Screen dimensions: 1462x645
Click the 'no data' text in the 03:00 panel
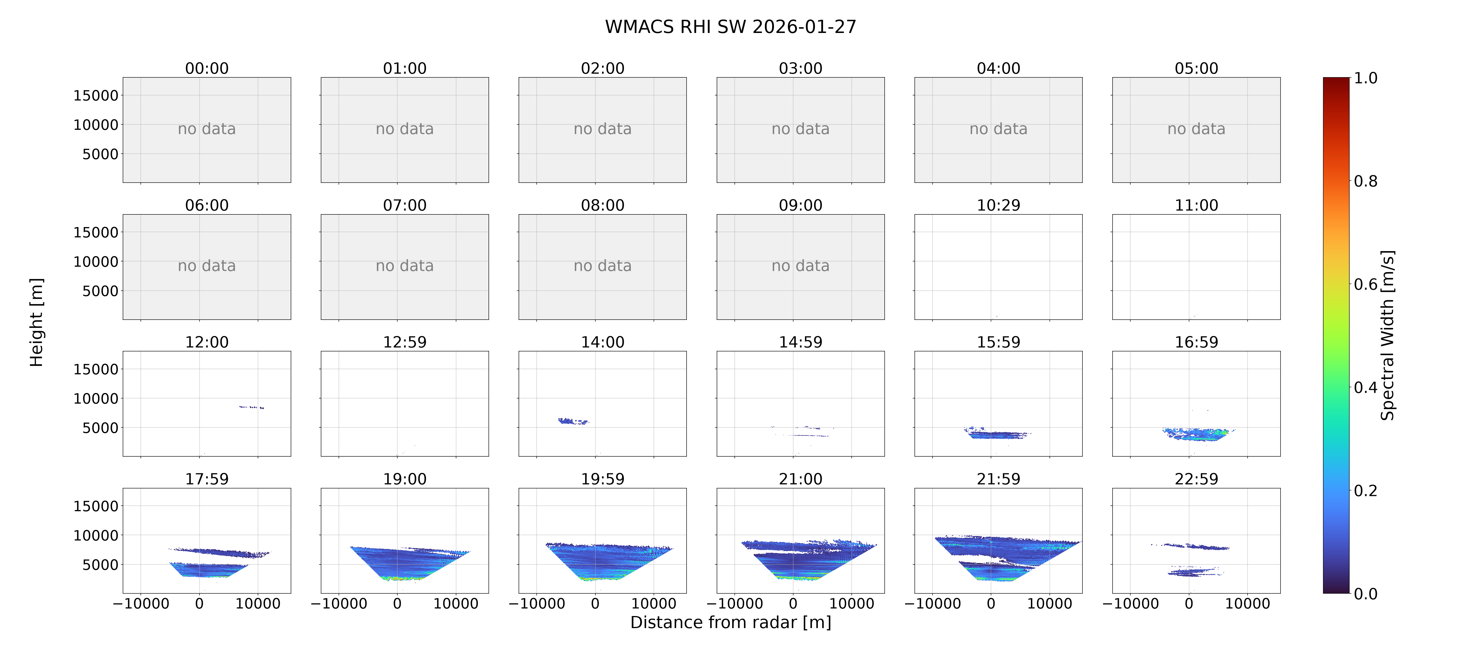click(800, 129)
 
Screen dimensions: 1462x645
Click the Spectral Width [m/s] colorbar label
click(1387, 335)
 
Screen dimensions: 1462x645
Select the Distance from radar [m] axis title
click(730, 622)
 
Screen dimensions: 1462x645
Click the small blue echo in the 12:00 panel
click(251, 407)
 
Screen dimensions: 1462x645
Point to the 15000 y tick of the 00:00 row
click(96, 95)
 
